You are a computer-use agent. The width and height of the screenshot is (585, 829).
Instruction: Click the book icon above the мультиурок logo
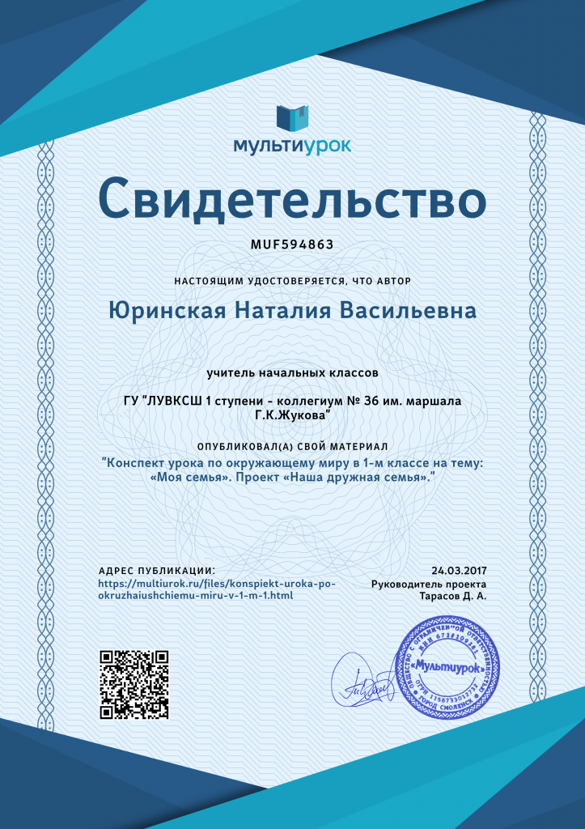(x=292, y=117)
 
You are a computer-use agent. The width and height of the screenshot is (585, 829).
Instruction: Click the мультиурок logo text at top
(x=292, y=146)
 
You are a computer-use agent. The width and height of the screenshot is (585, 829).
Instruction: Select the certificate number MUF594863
(x=292, y=244)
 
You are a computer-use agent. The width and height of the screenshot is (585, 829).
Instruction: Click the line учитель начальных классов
(x=292, y=373)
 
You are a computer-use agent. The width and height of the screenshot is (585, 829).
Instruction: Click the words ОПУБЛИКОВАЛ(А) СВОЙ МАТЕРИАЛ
(x=292, y=447)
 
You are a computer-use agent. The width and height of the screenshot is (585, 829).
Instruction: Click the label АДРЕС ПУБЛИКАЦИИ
(x=156, y=571)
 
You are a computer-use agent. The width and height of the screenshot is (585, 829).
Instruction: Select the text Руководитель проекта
(x=429, y=584)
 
